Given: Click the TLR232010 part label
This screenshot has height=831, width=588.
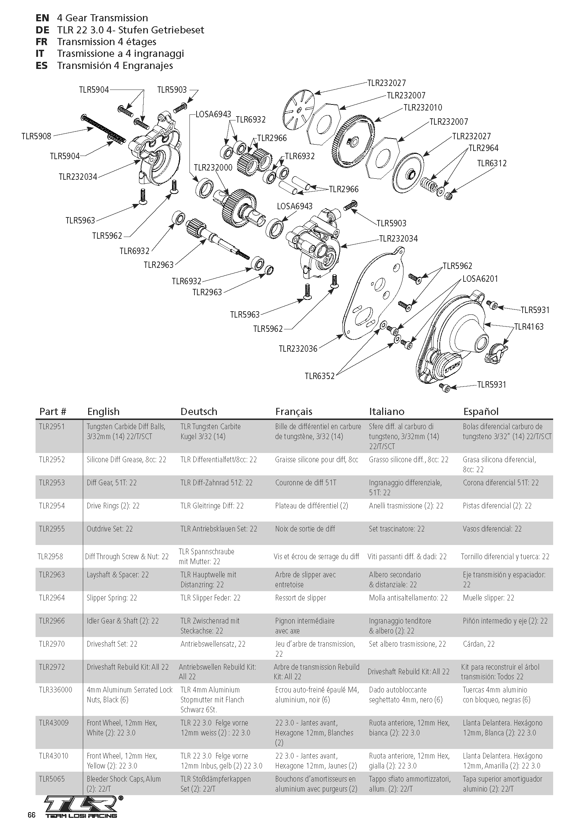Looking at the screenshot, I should click(423, 108).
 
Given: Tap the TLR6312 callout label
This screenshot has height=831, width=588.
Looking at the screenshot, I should click(492, 163).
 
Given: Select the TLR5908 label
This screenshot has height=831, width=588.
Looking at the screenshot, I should click(36, 136).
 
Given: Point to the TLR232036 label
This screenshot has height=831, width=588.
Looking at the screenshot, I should click(298, 349).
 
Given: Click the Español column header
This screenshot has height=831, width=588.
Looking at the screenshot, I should click(481, 411).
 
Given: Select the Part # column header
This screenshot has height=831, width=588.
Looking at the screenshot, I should click(53, 411).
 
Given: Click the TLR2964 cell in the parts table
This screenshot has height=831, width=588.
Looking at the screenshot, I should click(52, 598).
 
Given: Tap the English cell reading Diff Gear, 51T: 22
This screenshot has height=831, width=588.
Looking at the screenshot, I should click(112, 482).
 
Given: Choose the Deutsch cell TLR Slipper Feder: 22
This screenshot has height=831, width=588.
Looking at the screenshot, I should click(210, 598).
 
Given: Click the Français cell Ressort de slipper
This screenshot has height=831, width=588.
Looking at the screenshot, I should click(300, 598).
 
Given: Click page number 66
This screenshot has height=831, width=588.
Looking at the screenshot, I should click(32, 815).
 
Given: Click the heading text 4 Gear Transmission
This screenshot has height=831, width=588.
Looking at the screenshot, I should click(102, 18).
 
